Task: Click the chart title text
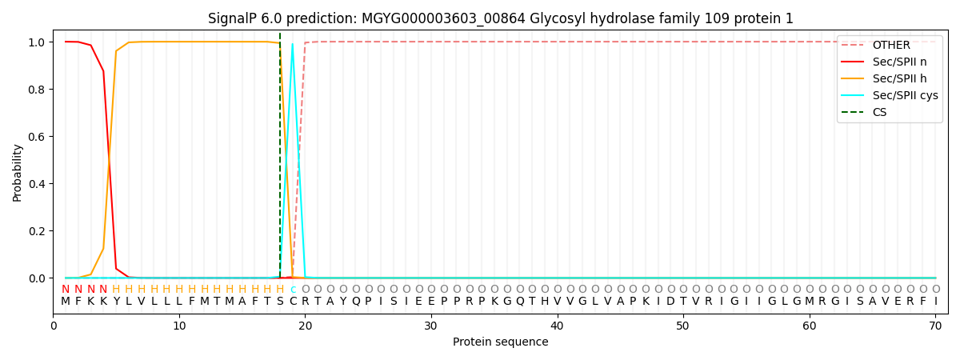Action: pyautogui.click(x=501, y=18)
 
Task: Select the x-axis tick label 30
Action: pyautogui.click(x=431, y=326)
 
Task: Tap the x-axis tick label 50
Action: pyautogui.click(x=683, y=326)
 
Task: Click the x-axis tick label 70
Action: pyautogui.click(x=935, y=326)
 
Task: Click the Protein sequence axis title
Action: pyautogui.click(x=501, y=342)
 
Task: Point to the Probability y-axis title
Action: pyautogui.click(x=18, y=172)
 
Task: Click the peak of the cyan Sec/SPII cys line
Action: pyautogui.click(x=293, y=44)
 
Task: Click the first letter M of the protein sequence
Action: pyautogui.click(x=66, y=302)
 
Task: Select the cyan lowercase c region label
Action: pyautogui.click(x=293, y=290)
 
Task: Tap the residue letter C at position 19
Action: pyautogui.click(x=293, y=302)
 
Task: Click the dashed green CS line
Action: pyautogui.click(x=280, y=160)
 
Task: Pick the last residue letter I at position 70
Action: pyautogui.click(x=935, y=302)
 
